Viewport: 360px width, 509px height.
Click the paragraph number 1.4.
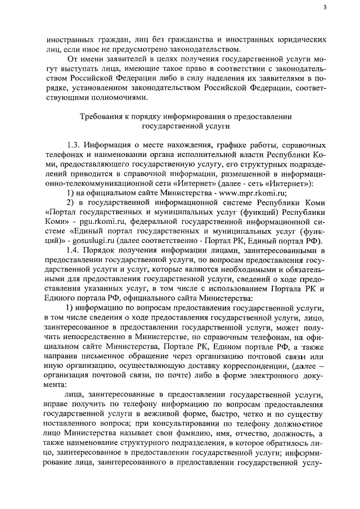[x=74, y=249]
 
